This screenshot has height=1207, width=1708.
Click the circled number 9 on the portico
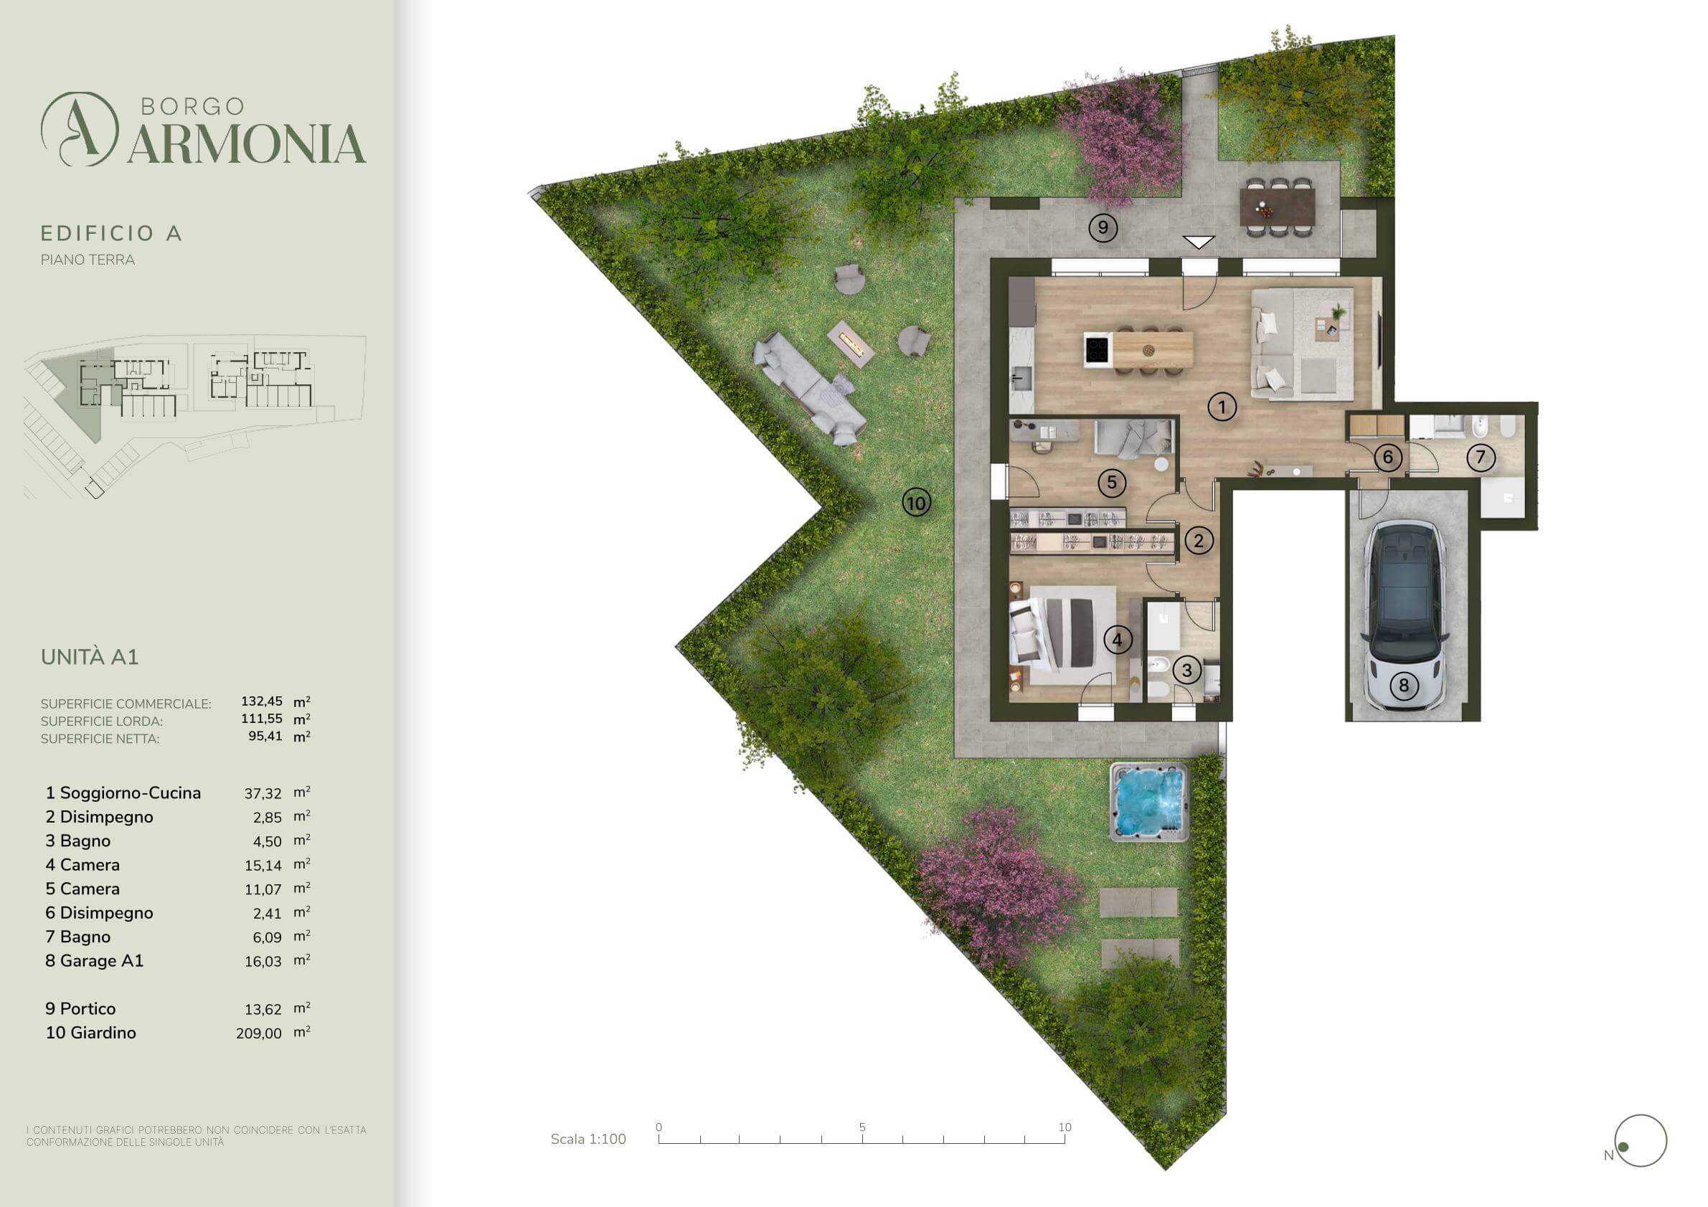[x=1103, y=227]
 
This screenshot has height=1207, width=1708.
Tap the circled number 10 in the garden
[x=917, y=503]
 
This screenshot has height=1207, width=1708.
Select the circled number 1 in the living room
[x=1222, y=407]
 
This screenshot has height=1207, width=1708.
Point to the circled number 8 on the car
[x=1404, y=685]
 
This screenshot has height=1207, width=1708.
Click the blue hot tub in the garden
[x=1149, y=802]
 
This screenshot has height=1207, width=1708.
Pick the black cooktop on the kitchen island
[x=1098, y=349]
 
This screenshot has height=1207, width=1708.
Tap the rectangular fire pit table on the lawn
[x=851, y=343]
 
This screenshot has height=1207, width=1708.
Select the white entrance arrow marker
[x=1199, y=242]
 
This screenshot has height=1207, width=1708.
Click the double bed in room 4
[x=1052, y=632]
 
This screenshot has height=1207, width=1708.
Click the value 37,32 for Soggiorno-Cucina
[x=263, y=793]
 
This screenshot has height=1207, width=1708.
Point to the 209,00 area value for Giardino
[x=259, y=1033]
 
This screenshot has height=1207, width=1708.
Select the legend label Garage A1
[x=101, y=961]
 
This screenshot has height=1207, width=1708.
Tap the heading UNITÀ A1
[x=89, y=657]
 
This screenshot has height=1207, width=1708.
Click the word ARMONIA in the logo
[x=246, y=143]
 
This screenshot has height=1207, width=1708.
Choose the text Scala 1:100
[x=588, y=1139]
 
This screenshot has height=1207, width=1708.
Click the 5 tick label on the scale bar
[x=862, y=1127]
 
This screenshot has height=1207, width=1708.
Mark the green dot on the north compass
[x=1624, y=1147]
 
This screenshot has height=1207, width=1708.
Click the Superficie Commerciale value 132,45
[x=262, y=701]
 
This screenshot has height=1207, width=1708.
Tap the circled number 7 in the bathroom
[x=1481, y=457]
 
